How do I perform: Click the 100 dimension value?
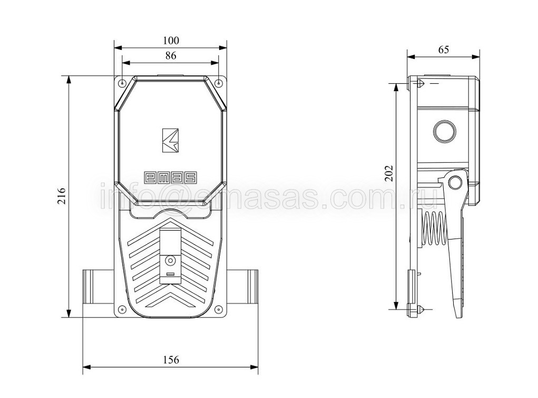pyautogui.click(x=171, y=41)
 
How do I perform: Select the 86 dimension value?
pyautogui.click(x=171, y=55)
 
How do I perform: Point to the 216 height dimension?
pyautogui.click(x=61, y=196)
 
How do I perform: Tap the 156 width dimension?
pyautogui.click(x=171, y=360)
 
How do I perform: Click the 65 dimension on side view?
pyautogui.click(x=443, y=49)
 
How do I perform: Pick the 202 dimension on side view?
pyautogui.click(x=388, y=173)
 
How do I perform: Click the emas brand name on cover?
pyautogui.click(x=170, y=177)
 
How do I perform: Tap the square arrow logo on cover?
pyautogui.click(x=170, y=140)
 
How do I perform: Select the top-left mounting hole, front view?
pyautogui.click(x=122, y=83)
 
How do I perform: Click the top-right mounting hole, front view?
pyautogui.click(x=219, y=83)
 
